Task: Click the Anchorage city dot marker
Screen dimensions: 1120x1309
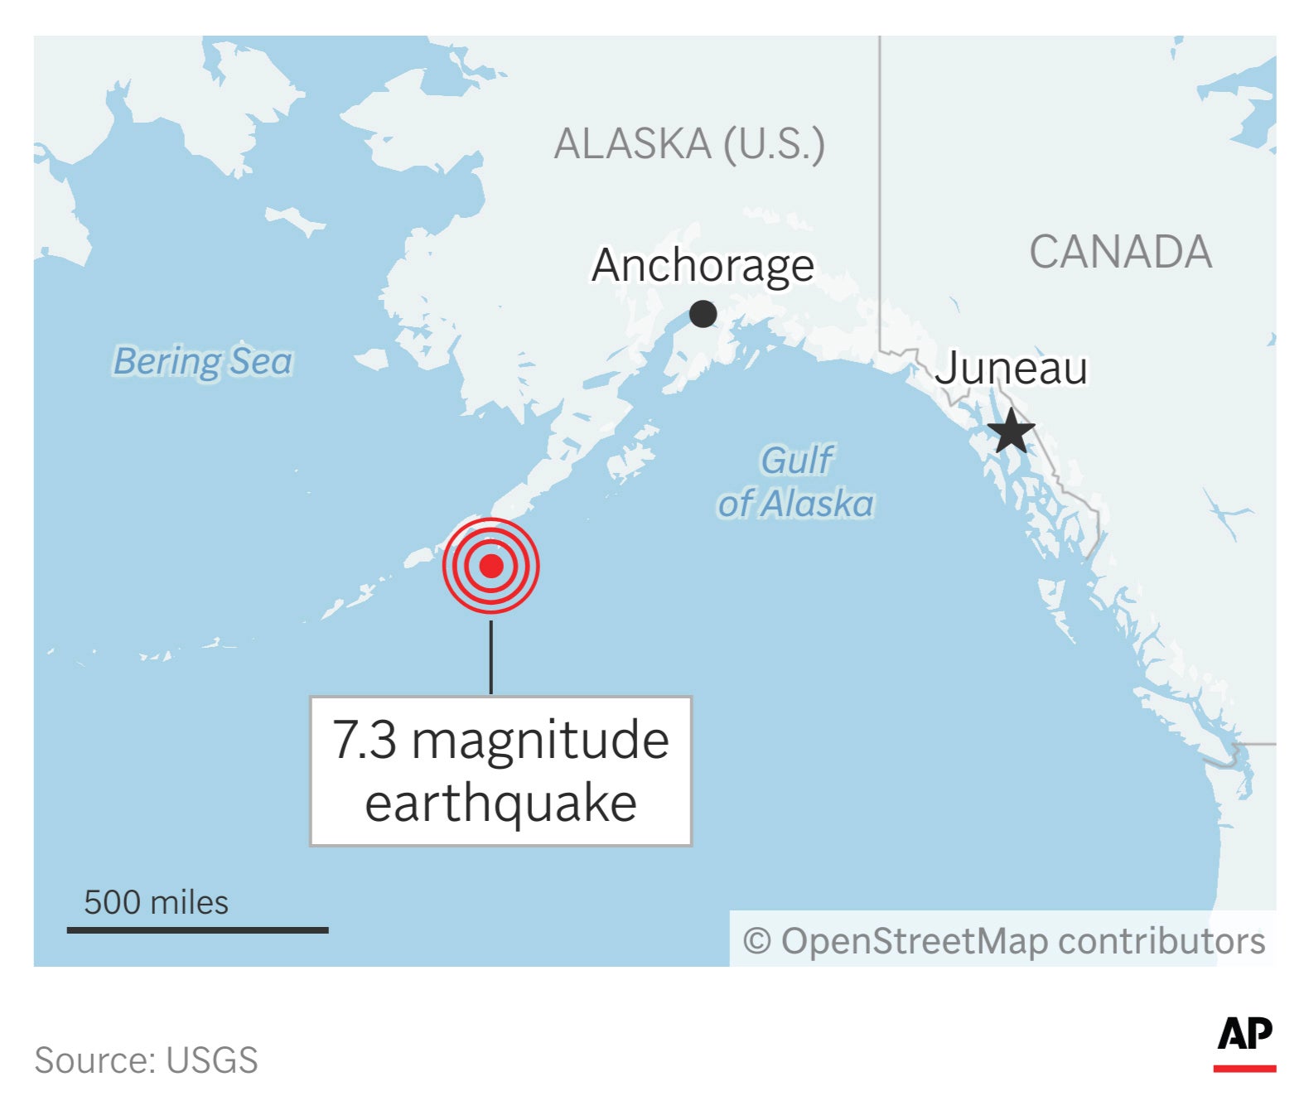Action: coord(703,314)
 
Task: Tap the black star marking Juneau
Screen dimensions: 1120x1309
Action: coord(1011,432)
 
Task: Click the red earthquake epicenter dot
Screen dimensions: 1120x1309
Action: coord(491,566)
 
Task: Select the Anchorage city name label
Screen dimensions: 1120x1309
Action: coord(703,266)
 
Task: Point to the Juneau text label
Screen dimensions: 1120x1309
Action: coord(1011,369)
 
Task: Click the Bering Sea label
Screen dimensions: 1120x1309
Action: coord(203,361)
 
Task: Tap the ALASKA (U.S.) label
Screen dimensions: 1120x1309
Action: coord(689,144)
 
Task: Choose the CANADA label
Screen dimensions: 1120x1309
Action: coord(1120,252)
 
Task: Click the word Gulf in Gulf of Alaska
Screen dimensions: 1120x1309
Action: coord(797,461)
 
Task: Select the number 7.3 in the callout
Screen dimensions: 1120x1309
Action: coord(364,740)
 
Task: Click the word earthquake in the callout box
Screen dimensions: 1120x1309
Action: coord(501,803)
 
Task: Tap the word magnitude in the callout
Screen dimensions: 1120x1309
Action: coord(540,740)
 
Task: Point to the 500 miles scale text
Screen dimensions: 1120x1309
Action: coord(156,902)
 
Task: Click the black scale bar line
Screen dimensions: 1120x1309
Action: coord(197,930)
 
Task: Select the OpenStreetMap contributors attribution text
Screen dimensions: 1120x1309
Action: coord(1023,941)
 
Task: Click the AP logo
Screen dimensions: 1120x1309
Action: coord(1244,1034)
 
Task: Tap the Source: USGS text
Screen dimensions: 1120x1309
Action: coord(146,1060)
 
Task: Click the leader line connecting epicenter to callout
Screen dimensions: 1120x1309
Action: coord(491,656)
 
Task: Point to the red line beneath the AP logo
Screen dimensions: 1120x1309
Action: coord(1244,1069)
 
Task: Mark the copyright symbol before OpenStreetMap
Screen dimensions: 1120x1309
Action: coord(756,942)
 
